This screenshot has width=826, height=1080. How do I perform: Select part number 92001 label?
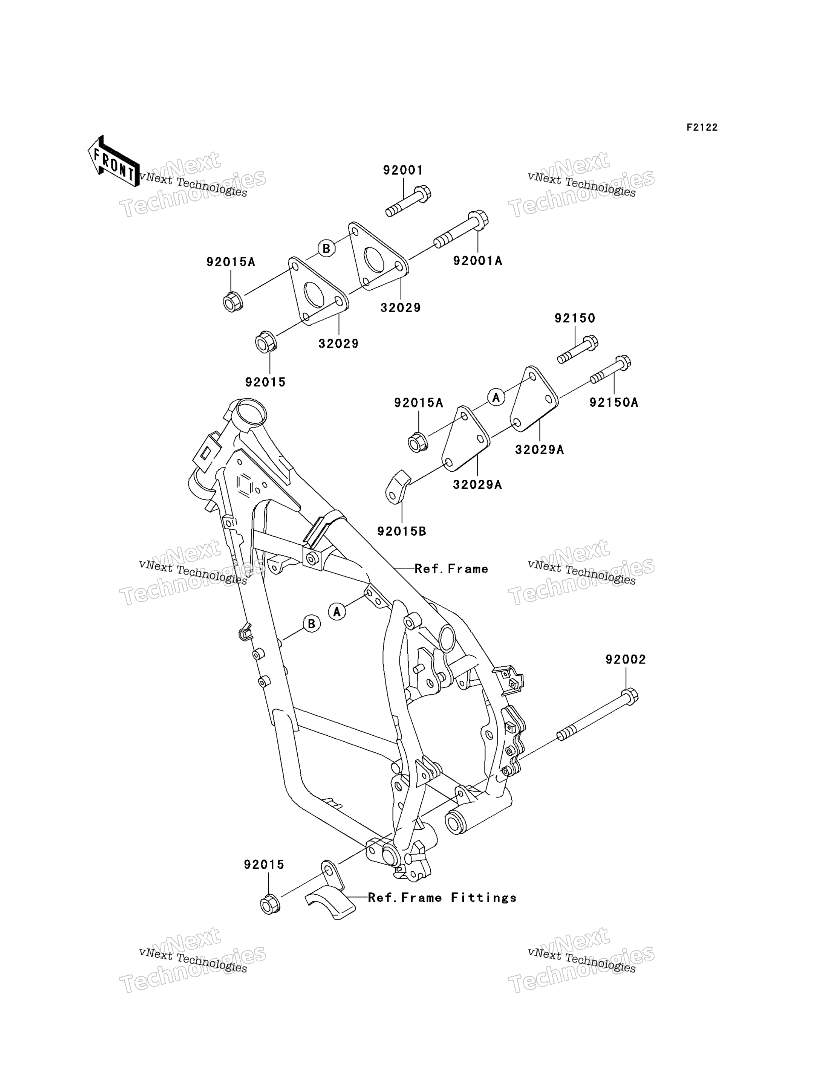tap(403, 170)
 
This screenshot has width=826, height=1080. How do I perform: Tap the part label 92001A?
tap(478, 261)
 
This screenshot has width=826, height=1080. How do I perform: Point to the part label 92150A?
tap(614, 403)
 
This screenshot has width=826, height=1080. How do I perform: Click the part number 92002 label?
tap(626, 660)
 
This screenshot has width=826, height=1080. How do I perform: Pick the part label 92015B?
tap(402, 532)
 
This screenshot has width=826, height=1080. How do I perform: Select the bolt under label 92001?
tap(408, 201)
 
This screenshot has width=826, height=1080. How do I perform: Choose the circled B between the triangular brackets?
tap(326, 248)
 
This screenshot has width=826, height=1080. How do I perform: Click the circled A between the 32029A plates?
tap(496, 397)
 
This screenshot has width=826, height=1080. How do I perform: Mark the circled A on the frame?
tap(337, 611)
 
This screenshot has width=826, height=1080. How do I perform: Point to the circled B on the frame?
tap(311, 624)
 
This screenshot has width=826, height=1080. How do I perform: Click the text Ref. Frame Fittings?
tap(442, 898)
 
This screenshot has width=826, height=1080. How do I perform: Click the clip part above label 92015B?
tap(397, 487)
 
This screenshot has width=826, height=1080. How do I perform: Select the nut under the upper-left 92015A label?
tap(232, 301)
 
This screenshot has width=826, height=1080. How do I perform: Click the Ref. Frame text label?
tap(451, 569)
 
